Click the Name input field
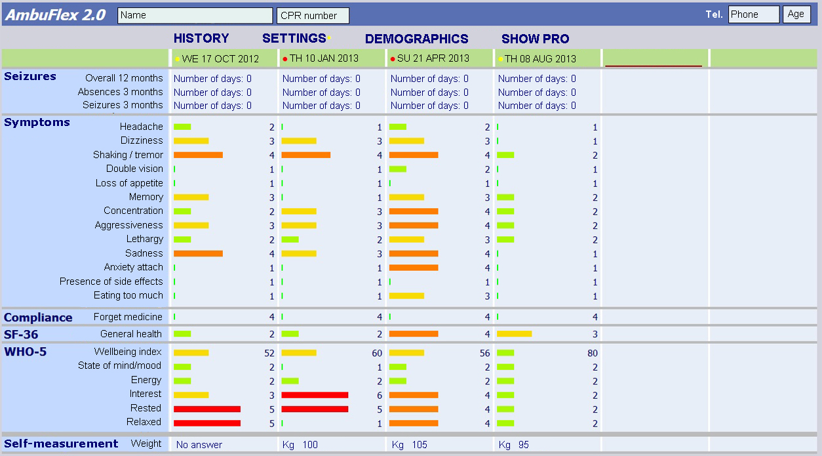195,15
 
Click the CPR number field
313,15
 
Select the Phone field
753,14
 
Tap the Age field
796,14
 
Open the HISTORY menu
201,39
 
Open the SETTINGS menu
294,39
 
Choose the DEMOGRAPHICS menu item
416,39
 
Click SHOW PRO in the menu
535,39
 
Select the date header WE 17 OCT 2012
220,58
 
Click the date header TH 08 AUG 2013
540,58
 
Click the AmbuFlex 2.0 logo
56,15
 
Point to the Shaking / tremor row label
128,155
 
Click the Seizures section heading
30,77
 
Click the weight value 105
420,445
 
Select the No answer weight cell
199,445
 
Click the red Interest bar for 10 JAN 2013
315,395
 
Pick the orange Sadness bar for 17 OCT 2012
198,253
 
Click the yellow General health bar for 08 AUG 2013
514,334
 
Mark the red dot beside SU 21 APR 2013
393,59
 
